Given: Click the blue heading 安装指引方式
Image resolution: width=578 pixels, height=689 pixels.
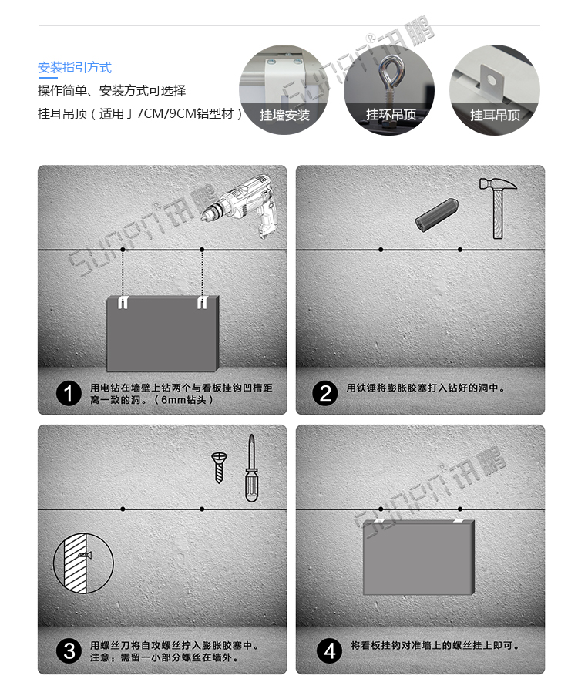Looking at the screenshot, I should [x=75, y=68].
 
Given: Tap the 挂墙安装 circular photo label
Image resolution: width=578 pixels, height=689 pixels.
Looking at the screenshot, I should [x=284, y=115].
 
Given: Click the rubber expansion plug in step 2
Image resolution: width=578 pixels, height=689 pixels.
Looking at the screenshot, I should [x=437, y=214].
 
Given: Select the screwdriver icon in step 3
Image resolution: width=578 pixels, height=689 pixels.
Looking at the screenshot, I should [x=251, y=470].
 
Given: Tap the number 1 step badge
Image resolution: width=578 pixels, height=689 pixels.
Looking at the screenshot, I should [x=69, y=394].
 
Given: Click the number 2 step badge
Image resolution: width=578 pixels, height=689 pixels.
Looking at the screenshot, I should [x=324, y=394].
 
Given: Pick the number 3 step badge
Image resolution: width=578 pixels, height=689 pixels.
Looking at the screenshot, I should [x=69, y=652].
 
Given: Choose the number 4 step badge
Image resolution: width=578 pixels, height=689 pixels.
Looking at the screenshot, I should [x=329, y=652].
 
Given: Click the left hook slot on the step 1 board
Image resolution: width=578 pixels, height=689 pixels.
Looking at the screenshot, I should [x=123, y=303].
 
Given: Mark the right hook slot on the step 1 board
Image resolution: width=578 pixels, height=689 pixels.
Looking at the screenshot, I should [x=202, y=302].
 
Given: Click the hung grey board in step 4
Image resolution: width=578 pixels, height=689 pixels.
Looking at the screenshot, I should [x=418, y=557].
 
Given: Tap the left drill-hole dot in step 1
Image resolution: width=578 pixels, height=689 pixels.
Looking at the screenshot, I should [x=123, y=250].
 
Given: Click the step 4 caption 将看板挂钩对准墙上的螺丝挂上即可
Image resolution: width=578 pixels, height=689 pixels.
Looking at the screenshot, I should [x=435, y=646].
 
